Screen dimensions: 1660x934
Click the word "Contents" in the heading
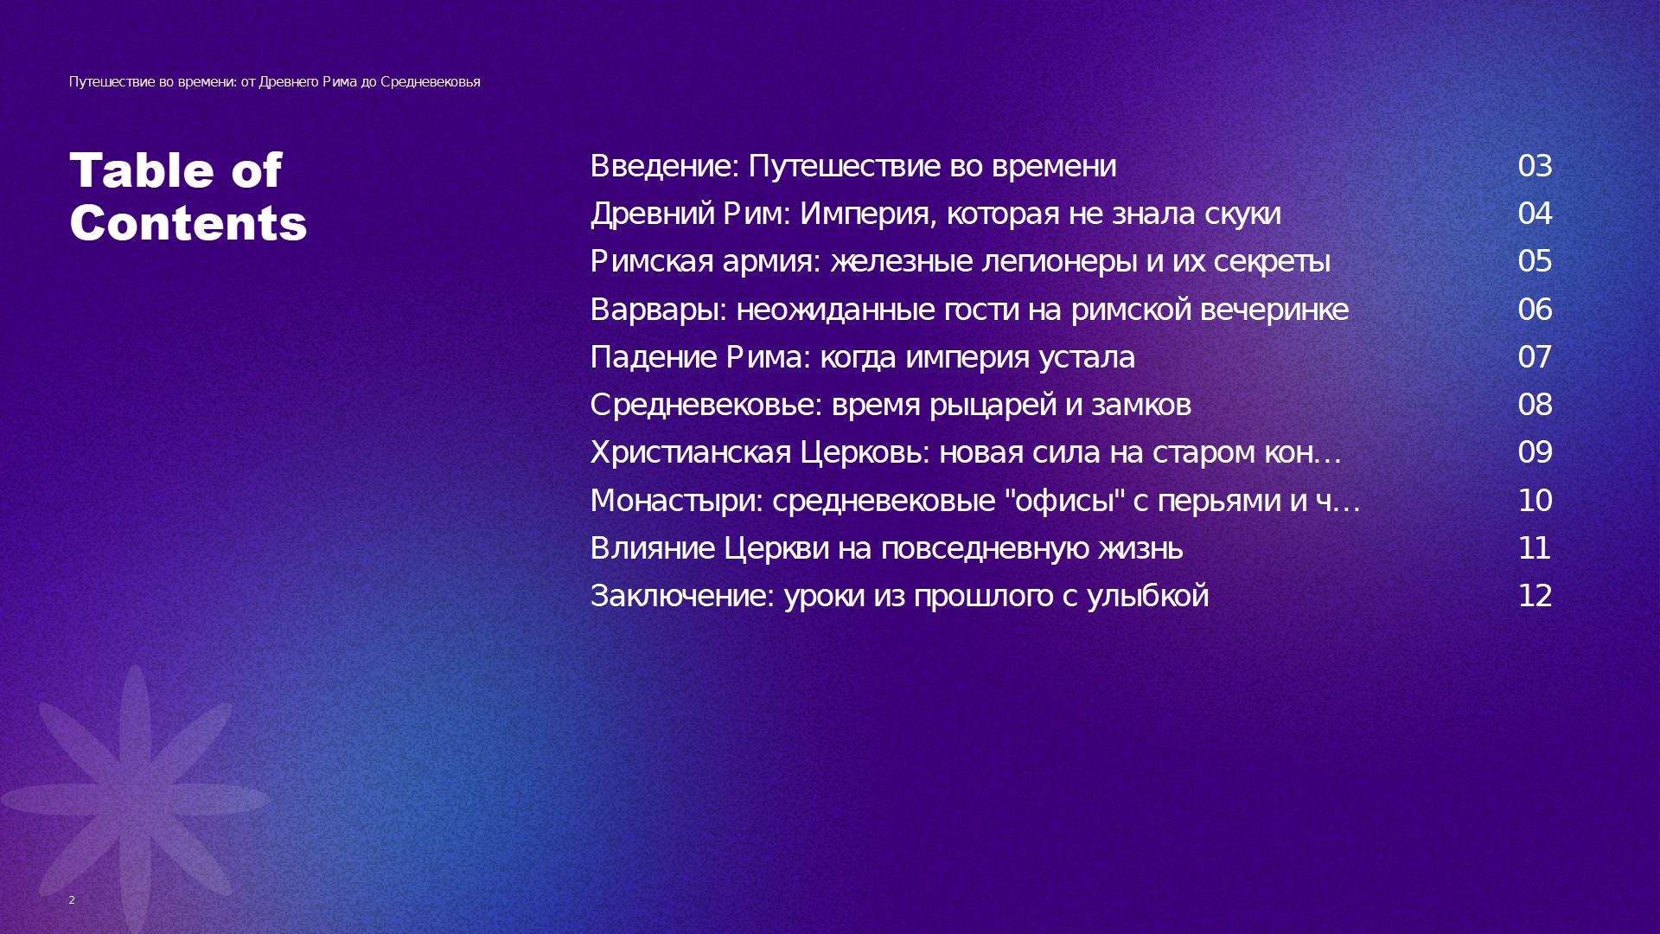(x=188, y=223)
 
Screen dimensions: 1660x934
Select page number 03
(x=1535, y=166)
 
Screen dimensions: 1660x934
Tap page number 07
(x=1535, y=357)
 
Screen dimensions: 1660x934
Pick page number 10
(x=1535, y=501)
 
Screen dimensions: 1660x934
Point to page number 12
(x=1535, y=596)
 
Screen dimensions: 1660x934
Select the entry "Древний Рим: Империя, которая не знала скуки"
(x=935, y=214)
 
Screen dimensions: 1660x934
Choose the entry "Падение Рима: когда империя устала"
(x=863, y=357)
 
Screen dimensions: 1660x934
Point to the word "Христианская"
(x=691, y=452)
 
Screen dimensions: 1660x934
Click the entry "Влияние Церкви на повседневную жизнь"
(x=886, y=548)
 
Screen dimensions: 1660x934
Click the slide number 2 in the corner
(x=72, y=899)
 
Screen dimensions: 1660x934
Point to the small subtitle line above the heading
(x=275, y=82)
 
